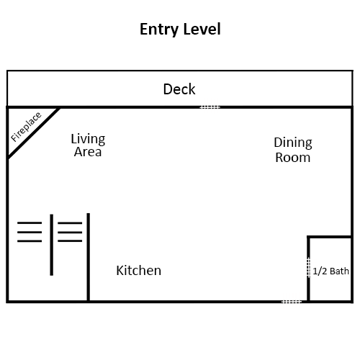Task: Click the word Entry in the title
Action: [x=159, y=30]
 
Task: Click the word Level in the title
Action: [x=202, y=29]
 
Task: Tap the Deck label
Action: [x=179, y=89]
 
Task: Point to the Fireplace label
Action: [x=26, y=127]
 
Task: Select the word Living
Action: [x=88, y=139]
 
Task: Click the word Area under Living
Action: [x=88, y=152]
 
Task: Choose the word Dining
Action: [x=293, y=143]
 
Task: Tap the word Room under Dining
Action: [x=293, y=158]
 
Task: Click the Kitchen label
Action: [x=139, y=271]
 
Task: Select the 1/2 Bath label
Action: [x=330, y=271]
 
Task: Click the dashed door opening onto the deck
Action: [x=210, y=107]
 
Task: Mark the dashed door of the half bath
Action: [x=309, y=267]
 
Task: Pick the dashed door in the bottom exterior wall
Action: [x=292, y=302]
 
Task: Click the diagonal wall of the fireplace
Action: [x=34, y=133]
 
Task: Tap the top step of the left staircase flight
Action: [x=30, y=223]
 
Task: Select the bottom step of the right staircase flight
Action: [x=70, y=240]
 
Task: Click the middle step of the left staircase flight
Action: [x=30, y=232]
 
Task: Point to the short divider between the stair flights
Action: [x=52, y=245]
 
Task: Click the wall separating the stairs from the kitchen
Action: [x=89, y=257]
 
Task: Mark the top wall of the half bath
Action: [x=330, y=237]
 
